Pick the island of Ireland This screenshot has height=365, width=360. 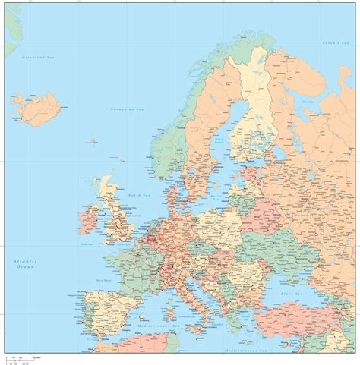(87, 221)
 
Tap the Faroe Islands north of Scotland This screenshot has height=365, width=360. (93, 140)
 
